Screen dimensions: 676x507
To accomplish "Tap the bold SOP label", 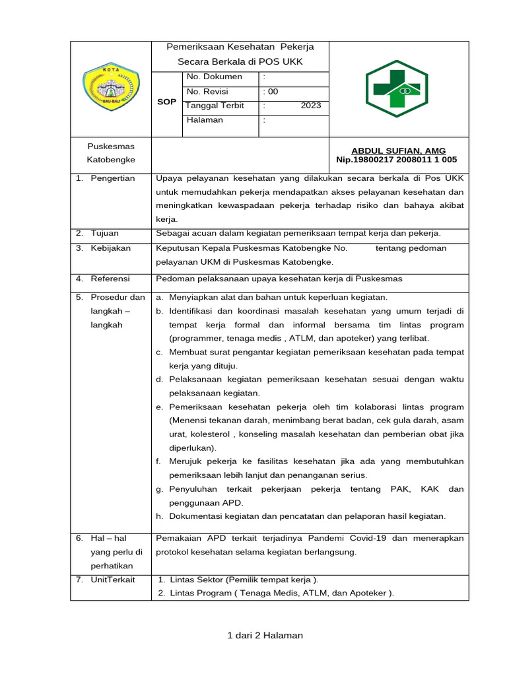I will (x=166, y=102).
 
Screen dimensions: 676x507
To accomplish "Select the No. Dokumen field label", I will (x=215, y=77).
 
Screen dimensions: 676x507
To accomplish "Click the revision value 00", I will (x=271, y=92).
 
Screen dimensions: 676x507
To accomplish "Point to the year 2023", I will (x=310, y=106).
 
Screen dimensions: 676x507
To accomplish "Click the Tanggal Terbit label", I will (x=215, y=106).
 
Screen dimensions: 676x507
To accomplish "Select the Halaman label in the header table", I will (x=205, y=120).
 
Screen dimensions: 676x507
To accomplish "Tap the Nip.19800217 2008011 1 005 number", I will (x=396, y=160).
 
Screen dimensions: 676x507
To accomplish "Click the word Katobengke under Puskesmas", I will (x=111, y=160).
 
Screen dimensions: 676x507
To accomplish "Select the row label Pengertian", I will (x=112, y=178).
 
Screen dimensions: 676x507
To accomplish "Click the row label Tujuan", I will (x=105, y=233).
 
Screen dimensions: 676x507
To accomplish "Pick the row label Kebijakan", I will (x=110, y=248).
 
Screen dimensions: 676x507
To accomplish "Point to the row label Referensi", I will (x=110, y=279).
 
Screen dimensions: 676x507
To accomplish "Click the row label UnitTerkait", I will (x=113, y=580).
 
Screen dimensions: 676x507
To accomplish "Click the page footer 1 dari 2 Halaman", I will (x=265, y=636).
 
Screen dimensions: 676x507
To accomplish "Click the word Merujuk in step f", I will (x=186, y=461).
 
